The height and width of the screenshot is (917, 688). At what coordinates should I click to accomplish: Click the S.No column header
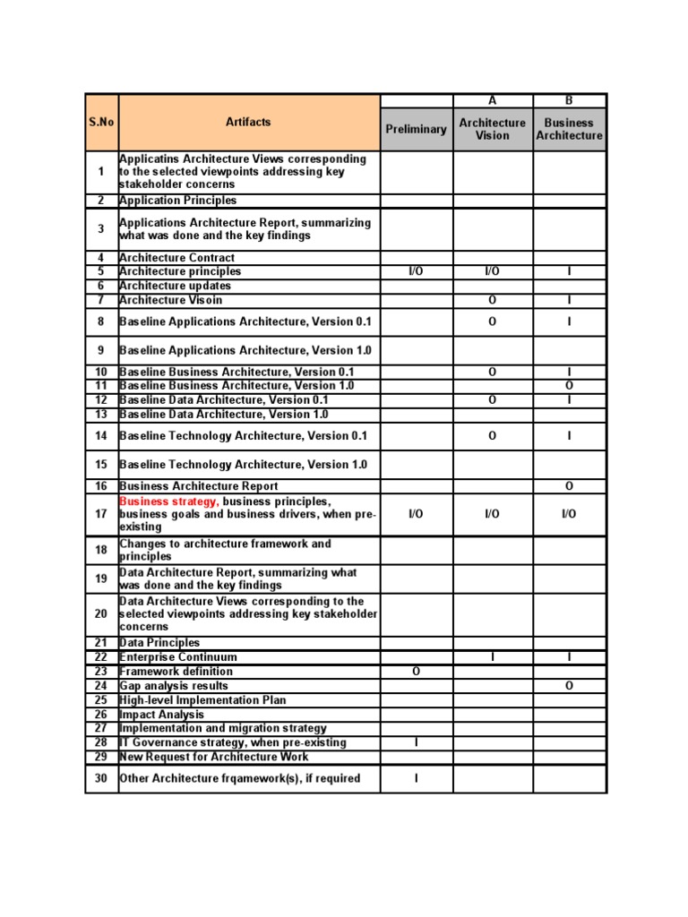click(101, 122)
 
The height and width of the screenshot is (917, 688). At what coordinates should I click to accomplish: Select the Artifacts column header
click(248, 122)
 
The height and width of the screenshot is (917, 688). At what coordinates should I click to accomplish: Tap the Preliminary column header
click(416, 129)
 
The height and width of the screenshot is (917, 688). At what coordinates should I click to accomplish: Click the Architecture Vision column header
click(492, 129)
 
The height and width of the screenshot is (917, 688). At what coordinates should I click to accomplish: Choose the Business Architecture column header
click(569, 129)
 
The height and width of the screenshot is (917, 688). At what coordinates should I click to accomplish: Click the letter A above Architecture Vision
click(492, 101)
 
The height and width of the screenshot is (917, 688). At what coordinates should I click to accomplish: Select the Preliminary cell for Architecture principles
click(416, 271)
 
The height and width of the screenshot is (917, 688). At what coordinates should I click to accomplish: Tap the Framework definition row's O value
click(416, 672)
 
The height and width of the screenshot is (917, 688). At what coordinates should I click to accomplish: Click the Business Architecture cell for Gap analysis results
click(569, 686)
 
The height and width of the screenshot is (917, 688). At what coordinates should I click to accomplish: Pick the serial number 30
click(101, 779)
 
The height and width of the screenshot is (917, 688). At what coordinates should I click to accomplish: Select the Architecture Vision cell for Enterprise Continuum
click(492, 657)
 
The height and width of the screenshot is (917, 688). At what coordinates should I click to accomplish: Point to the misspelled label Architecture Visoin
click(170, 300)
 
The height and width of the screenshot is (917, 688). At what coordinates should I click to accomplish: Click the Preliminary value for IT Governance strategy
click(416, 743)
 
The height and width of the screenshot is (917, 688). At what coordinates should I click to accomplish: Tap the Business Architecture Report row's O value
click(569, 486)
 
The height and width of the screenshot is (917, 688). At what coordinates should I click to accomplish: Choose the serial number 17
click(101, 514)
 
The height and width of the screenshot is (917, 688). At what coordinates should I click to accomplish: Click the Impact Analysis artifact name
click(161, 715)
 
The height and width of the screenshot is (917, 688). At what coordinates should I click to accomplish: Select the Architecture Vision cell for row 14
click(492, 436)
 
